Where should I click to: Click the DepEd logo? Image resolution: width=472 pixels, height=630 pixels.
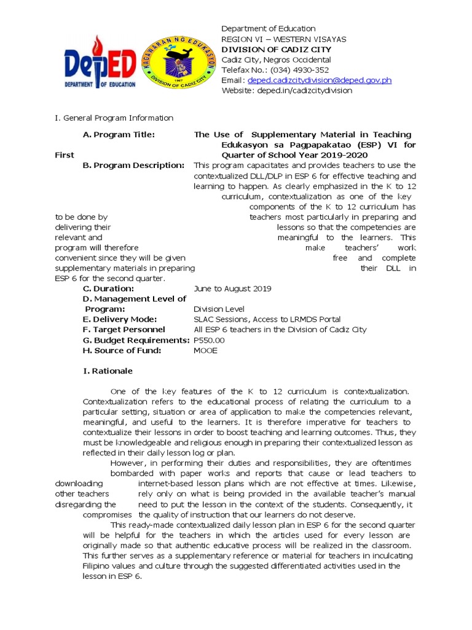(100, 63)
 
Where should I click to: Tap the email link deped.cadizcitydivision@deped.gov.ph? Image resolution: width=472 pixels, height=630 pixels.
(319, 80)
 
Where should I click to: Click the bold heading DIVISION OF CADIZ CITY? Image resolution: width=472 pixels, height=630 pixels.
(276, 49)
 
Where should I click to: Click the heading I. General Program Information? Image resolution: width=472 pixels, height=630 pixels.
(114, 118)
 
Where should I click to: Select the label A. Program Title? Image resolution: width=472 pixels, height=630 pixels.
(119, 135)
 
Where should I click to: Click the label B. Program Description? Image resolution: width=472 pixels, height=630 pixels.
(133, 165)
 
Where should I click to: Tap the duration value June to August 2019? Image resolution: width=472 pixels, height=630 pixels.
(232, 289)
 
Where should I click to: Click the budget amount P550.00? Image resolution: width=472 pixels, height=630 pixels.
(209, 340)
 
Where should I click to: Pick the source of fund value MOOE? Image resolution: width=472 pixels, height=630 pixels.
(205, 351)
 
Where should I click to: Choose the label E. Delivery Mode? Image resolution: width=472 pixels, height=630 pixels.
(120, 319)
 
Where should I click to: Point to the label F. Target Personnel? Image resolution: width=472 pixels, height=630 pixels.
(124, 330)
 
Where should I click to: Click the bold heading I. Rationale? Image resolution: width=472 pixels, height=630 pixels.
(108, 371)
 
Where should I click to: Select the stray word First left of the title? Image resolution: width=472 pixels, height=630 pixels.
(65, 155)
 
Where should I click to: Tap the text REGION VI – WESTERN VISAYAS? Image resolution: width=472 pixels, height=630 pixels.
(283, 39)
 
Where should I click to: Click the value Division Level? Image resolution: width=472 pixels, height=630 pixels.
(219, 309)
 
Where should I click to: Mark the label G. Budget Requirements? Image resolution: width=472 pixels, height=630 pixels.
(136, 340)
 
